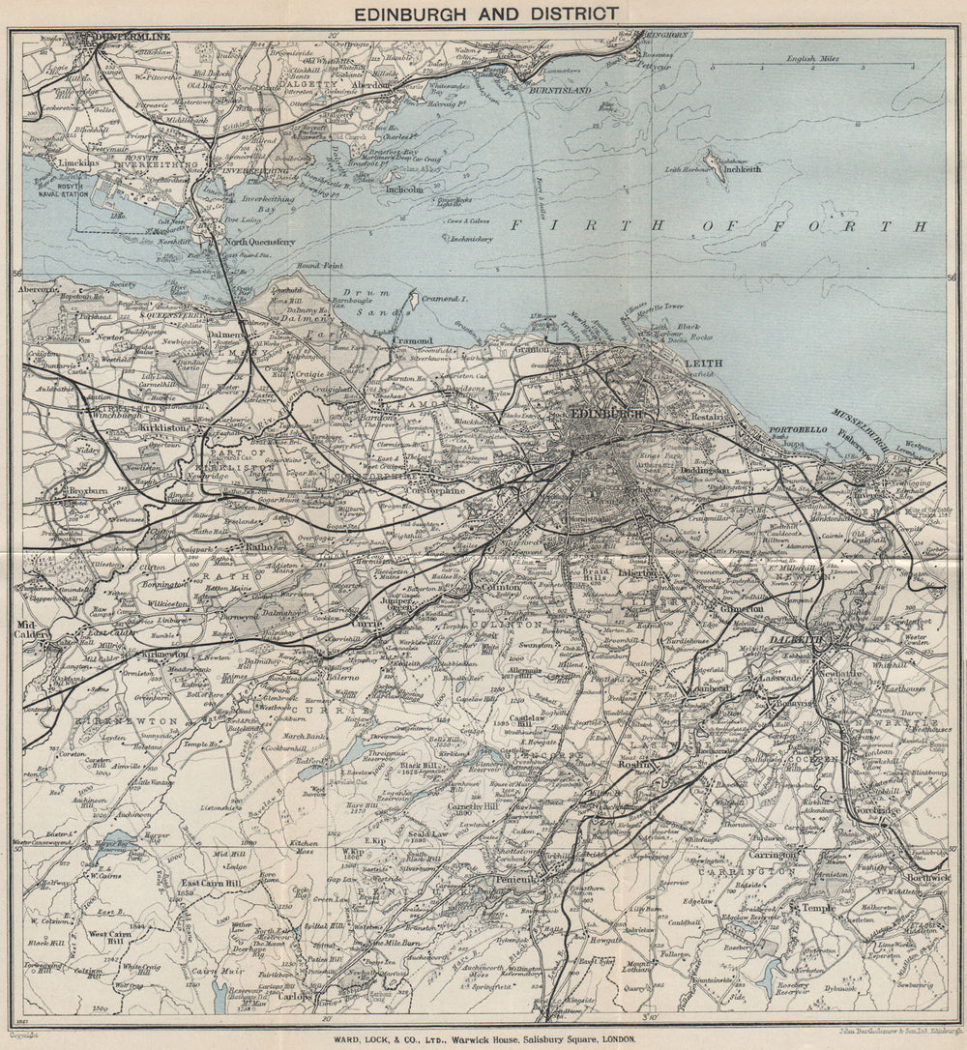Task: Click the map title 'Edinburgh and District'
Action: [484, 14]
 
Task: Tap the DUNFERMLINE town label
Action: [128, 37]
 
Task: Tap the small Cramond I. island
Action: [414, 302]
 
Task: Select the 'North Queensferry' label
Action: [260, 242]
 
